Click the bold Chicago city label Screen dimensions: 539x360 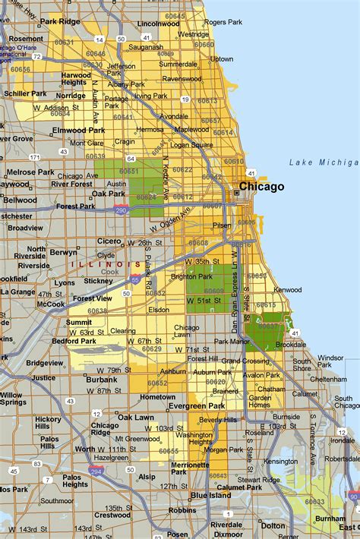[261, 186]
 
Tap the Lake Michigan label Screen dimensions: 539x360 [323, 162]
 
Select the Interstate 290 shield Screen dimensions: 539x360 [120, 211]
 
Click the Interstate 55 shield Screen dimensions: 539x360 [134, 279]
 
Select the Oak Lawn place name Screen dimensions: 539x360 [135, 417]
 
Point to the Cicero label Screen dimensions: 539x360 [109, 241]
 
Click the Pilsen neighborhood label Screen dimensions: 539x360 [221, 225]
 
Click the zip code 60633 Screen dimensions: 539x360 [314, 502]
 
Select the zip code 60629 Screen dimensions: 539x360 [152, 348]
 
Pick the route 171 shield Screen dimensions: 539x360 [34, 157]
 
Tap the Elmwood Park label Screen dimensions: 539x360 [78, 130]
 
